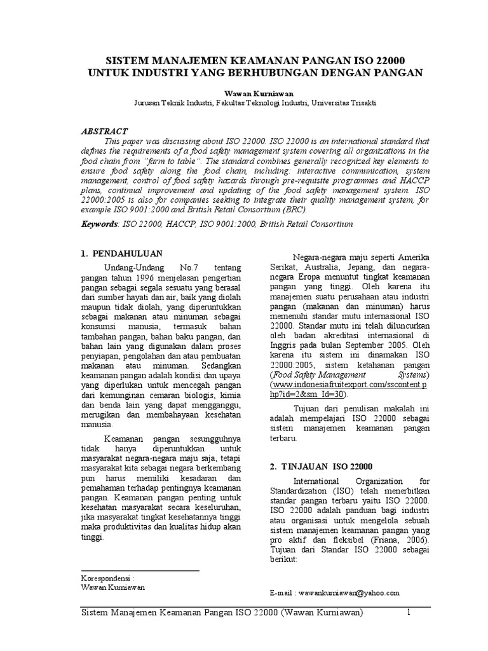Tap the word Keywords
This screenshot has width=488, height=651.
pyautogui.click(x=100, y=224)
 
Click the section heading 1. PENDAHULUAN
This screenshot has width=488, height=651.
pyautogui.click(x=122, y=254)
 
